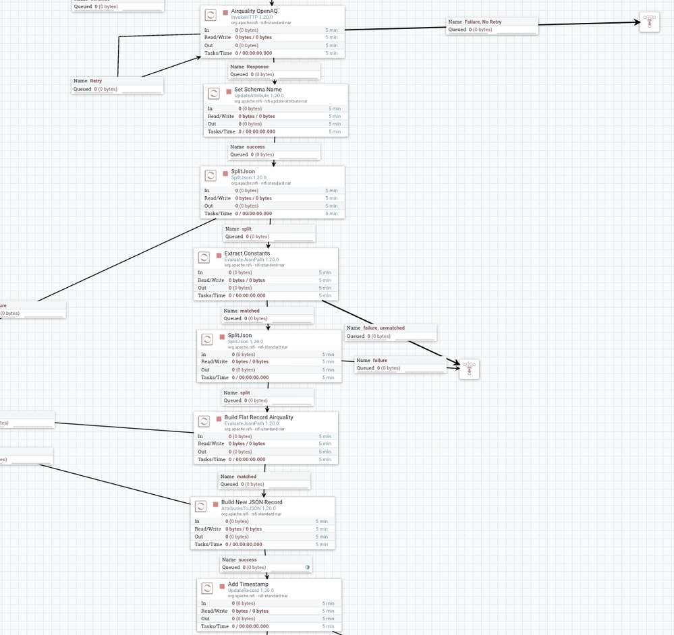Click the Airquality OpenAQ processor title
254,11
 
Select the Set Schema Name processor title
258,90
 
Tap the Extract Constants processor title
247,253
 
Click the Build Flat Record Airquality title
258,417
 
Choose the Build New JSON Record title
252,502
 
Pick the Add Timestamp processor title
248,584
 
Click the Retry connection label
96,81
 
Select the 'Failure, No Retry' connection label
482,22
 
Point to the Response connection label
257,67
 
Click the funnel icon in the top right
649,22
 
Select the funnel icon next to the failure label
469,369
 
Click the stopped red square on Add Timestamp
222,586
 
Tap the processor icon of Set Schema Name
214,94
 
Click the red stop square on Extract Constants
219,255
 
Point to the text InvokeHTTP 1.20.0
252,17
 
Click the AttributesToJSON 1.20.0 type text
248,508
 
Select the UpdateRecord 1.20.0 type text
250,591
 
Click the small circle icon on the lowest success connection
308,567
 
